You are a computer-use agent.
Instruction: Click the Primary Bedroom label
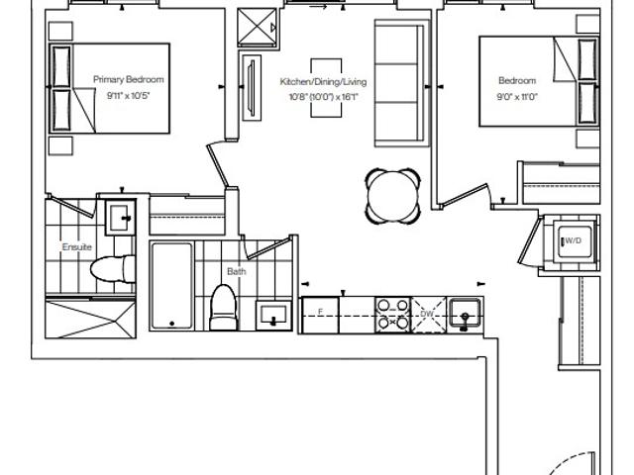tap(129, 79)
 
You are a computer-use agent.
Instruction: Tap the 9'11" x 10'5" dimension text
tap(128, 96)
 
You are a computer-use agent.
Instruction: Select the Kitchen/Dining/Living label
tap(324, 81)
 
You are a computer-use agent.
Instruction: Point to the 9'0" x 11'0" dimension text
tap(517, 97)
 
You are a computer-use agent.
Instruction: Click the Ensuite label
tap(77, 246)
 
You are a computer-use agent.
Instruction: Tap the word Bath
tap(237, 271)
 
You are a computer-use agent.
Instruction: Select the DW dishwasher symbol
tap(429, 315)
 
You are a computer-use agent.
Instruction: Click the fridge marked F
tap(320, 315)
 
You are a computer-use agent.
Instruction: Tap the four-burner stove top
tap(392, 315)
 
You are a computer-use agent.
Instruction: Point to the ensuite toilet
tap(113, 268)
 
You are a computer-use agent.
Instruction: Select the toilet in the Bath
tap(223, 308)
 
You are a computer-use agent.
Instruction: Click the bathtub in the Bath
tap(171, 286)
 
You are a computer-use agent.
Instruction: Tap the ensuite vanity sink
tap(120, 218)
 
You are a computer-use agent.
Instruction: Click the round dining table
tap(393, 196)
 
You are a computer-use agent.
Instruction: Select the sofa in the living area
tap(402, 83)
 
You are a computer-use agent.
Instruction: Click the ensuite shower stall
tap(90, 319)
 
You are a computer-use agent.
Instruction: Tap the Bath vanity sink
tap(273, 315)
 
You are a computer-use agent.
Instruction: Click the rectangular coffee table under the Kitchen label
tap(326, 88)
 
